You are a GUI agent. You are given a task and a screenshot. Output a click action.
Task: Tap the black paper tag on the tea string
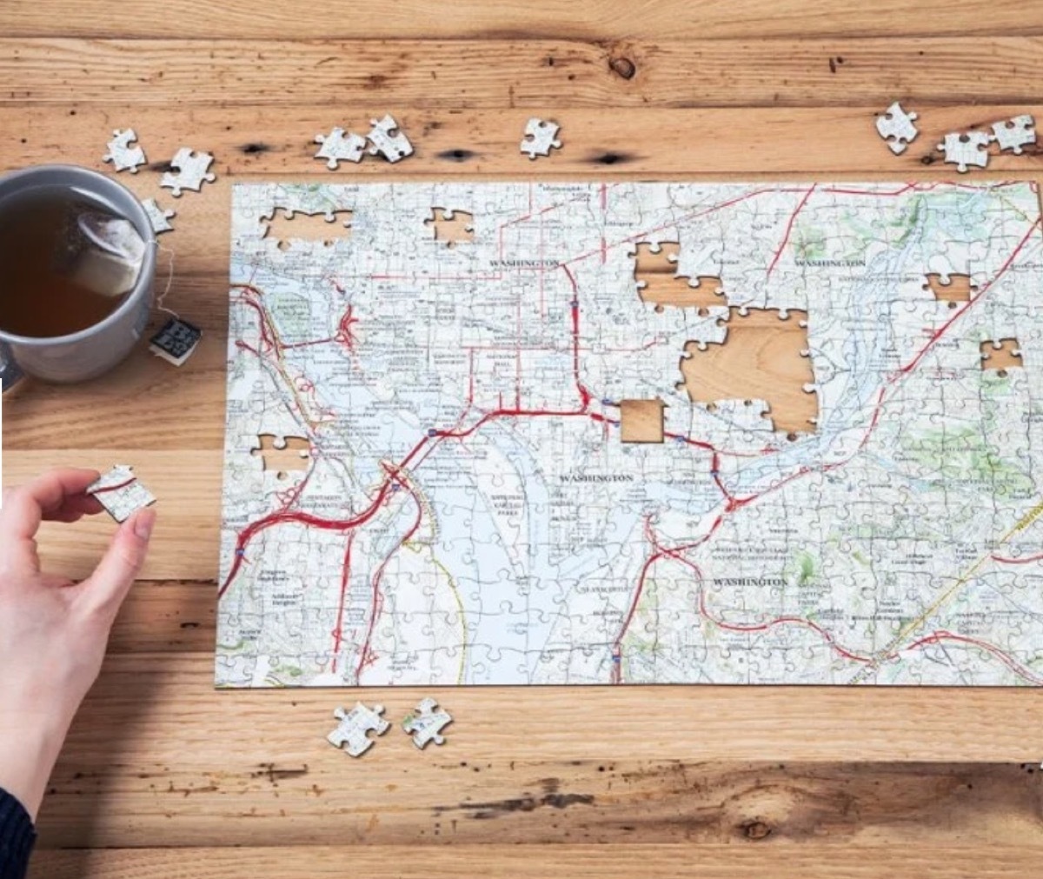tap(175, 339)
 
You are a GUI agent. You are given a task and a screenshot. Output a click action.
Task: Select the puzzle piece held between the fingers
tap(121, 492)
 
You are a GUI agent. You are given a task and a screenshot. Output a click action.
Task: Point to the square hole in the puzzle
tap(641, 421)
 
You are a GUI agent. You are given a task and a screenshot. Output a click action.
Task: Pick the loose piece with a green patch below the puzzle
tap(427, 722)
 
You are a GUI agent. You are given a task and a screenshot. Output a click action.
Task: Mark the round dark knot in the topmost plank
tap(622, 67)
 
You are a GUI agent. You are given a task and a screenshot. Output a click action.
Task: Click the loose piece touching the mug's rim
tap(157, 216)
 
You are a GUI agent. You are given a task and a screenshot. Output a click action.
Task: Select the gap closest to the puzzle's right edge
tap(1000, 355)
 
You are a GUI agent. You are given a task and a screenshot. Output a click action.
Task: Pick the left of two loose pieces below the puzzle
tap(356, 729)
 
